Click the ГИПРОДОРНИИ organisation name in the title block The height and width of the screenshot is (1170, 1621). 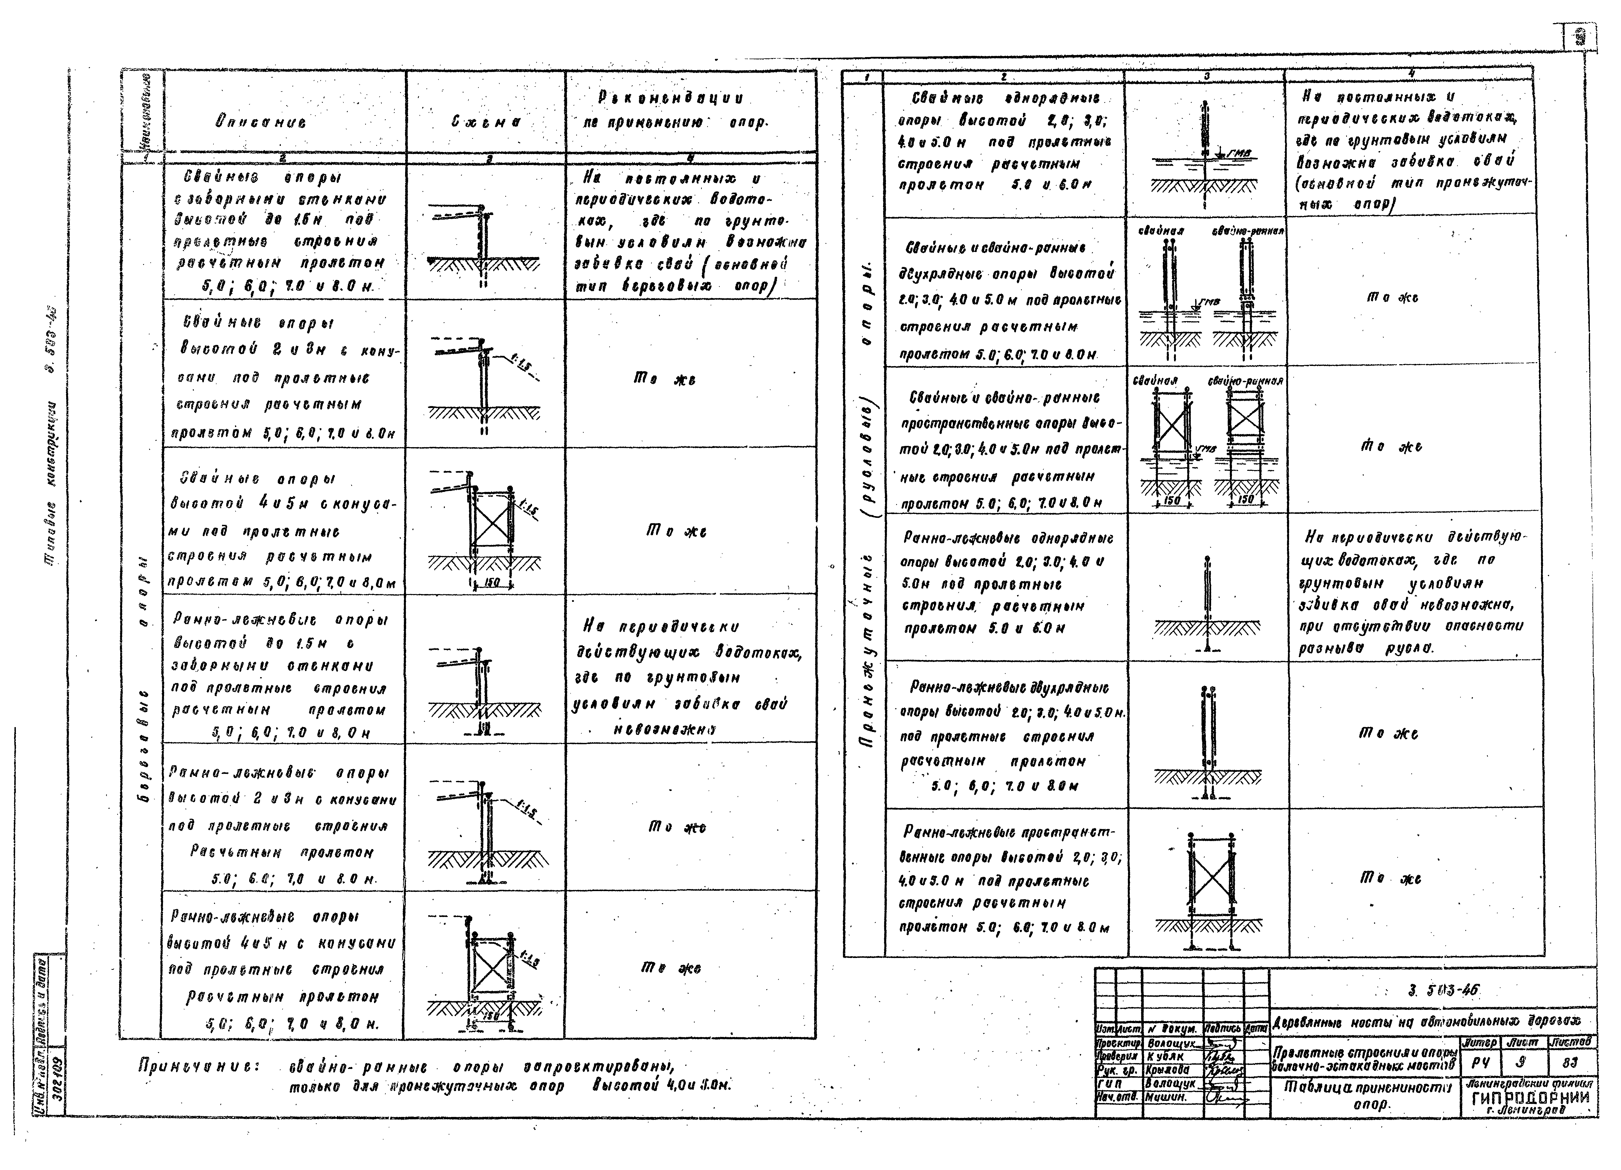pos(1530,1099)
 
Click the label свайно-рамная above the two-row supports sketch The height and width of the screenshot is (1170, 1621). pos(1248,232)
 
